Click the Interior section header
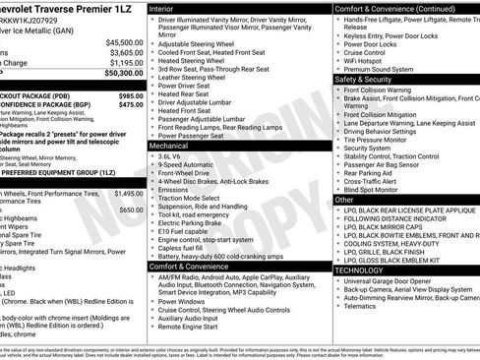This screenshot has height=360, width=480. (166, 8)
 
